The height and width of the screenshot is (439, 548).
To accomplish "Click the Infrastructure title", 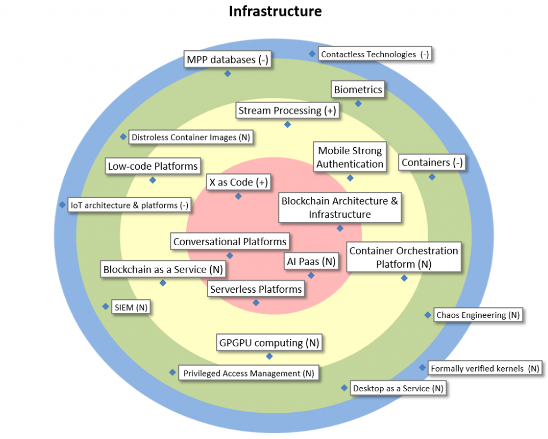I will pyautogui.click(x=275, y=11).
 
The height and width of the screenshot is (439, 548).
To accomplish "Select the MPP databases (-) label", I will pyautogui.click(x=227, y=59).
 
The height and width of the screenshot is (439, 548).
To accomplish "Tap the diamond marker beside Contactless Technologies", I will pyautogui.click(x=312, y=54).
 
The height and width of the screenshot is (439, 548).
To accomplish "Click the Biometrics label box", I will pyautogui.click(x=358, y=89).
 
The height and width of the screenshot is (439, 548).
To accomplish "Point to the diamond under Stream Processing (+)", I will pyautogui.click(x=287, y=124).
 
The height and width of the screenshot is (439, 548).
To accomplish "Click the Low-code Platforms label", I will pyautogui.click(x=153, y=166).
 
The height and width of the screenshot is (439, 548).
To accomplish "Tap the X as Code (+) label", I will pyautogui.click(x=238, y=183).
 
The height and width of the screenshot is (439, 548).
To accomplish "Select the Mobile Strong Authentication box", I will pyautogui.click(x=350, y=157).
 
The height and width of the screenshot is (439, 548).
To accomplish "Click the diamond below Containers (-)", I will pyautogui.click(x=432, y=177).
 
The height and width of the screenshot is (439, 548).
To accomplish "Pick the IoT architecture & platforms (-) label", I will pyautogui.click(x=130, y=205).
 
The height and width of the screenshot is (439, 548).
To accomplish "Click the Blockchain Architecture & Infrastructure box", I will pyautogui.click(x=340, y=208).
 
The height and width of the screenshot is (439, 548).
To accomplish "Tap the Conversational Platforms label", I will pyautogui.click(x=230, y=242).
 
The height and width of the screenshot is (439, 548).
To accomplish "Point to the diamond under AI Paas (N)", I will pyautogui.click(x=311, y=275).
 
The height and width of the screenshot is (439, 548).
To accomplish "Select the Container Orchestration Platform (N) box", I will pyautogui.click(x=404, y=258).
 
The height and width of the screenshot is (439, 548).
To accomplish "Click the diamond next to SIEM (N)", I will pyautogui.click(x=105, y=307).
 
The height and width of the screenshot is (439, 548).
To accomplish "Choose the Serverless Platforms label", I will pyautogui.click(x=256, y=290).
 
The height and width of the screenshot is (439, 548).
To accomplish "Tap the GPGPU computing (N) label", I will pyautogui.click(x=269, y=342).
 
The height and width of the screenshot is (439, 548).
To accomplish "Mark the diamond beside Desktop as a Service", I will pyautogui.click(x=344, y=388).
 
